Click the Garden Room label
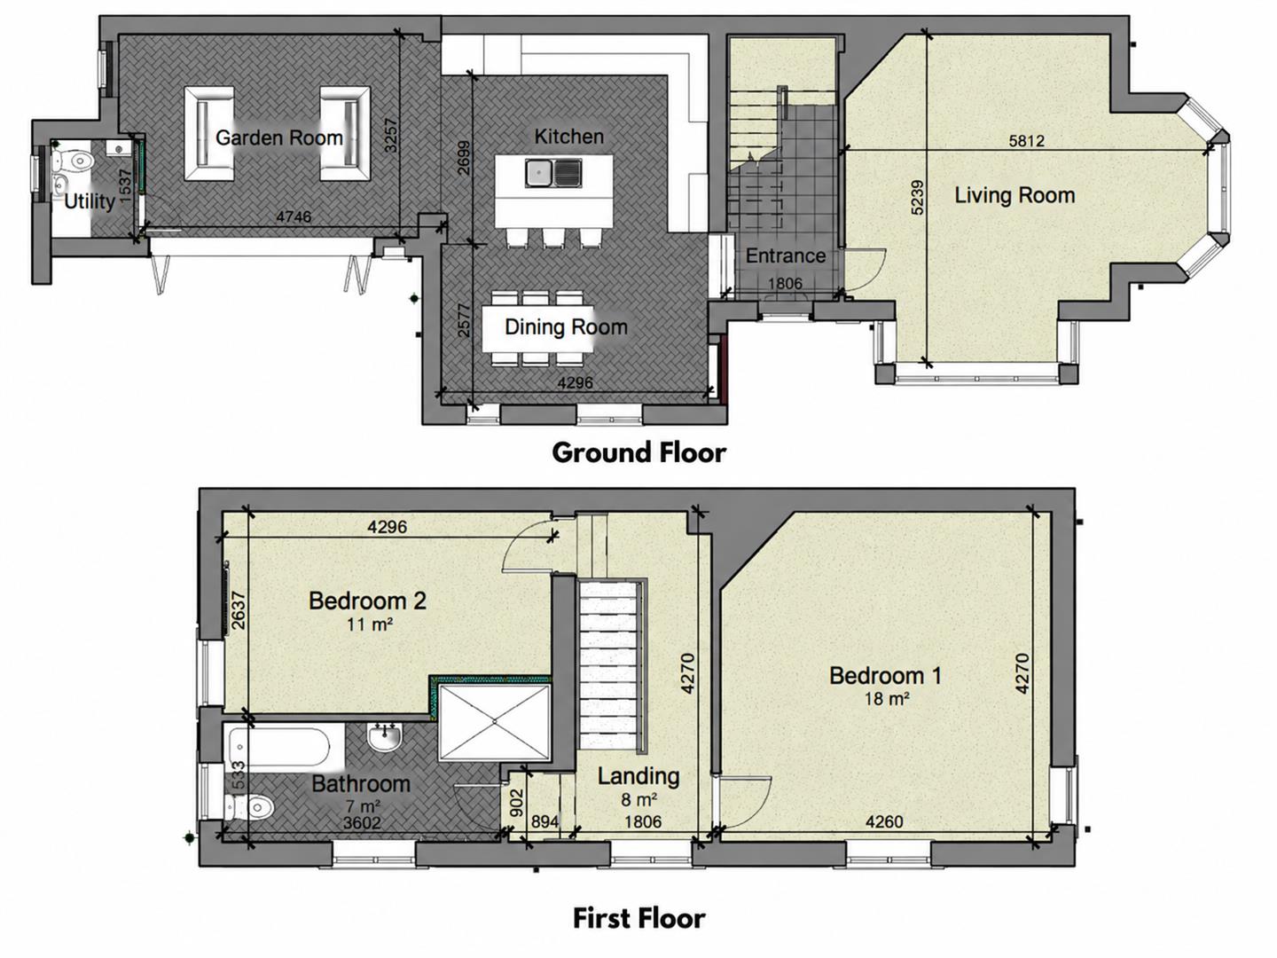pyautogui.click(x=279, y=137)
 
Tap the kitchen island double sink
pyautogui.click(x=553, y=173)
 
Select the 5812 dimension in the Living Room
pyautogui.click(x=1026, y=141)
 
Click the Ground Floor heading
pyautogui.click(x=638, y=452)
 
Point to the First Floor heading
pyautogui.click(x=638, y=918)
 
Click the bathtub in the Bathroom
pyautogui.click(x=278, y=746)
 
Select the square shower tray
pyautogui.click(x=494, y=722)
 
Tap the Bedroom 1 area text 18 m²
pyautogui.click(x=887, y=698)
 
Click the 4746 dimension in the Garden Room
pyautogui.click(x=294, y=217)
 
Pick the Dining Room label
pyautogui.click(x=566, y=327)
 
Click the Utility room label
pyautogui.click(x=89, y=202)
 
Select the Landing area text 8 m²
pyautogui.click(x=638, y=800)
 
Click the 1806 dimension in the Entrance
pyautogui.click(x=785, y=283)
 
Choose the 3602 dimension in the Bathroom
pyautogui.click(x=362, y=823)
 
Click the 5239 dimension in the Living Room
pyautogui.click(x=916, y=198)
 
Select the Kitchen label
pyautogui.click(x=569, y=137)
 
